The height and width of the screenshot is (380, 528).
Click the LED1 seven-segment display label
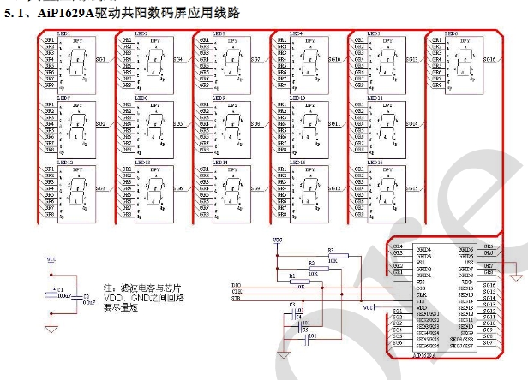[64, 33]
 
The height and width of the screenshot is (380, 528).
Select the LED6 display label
[449, 33]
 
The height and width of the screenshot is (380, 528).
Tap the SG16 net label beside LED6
[489, 60]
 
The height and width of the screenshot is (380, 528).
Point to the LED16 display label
[374, 161]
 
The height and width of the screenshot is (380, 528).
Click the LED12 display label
[65, 162]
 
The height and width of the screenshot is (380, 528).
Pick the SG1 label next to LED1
[101, 60]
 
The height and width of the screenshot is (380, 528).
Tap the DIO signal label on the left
[237, 284]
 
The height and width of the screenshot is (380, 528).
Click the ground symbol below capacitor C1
[52, 330]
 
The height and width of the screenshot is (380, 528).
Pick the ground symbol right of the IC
[513, 276]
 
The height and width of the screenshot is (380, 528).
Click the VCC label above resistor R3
[276, 240]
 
